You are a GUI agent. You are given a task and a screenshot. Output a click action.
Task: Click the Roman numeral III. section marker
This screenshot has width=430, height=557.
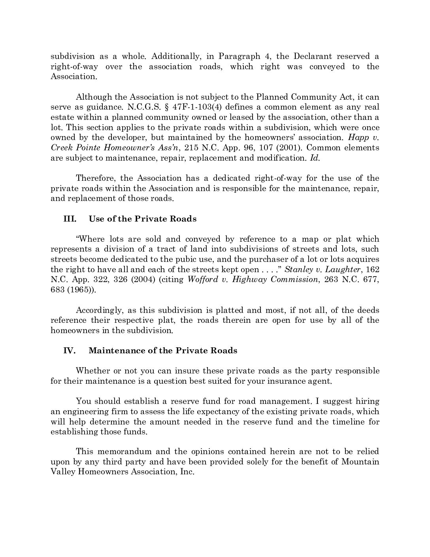[70, 219]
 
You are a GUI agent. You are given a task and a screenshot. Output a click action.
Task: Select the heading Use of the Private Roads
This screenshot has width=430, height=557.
[142, 219]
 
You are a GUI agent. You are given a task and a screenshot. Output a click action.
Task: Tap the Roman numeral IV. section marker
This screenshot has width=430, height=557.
[70, 350]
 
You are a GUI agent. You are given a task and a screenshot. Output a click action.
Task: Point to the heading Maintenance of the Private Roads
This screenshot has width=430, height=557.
[163, 350]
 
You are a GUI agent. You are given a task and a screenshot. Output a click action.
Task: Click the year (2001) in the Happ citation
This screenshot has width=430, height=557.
[290, 148]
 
